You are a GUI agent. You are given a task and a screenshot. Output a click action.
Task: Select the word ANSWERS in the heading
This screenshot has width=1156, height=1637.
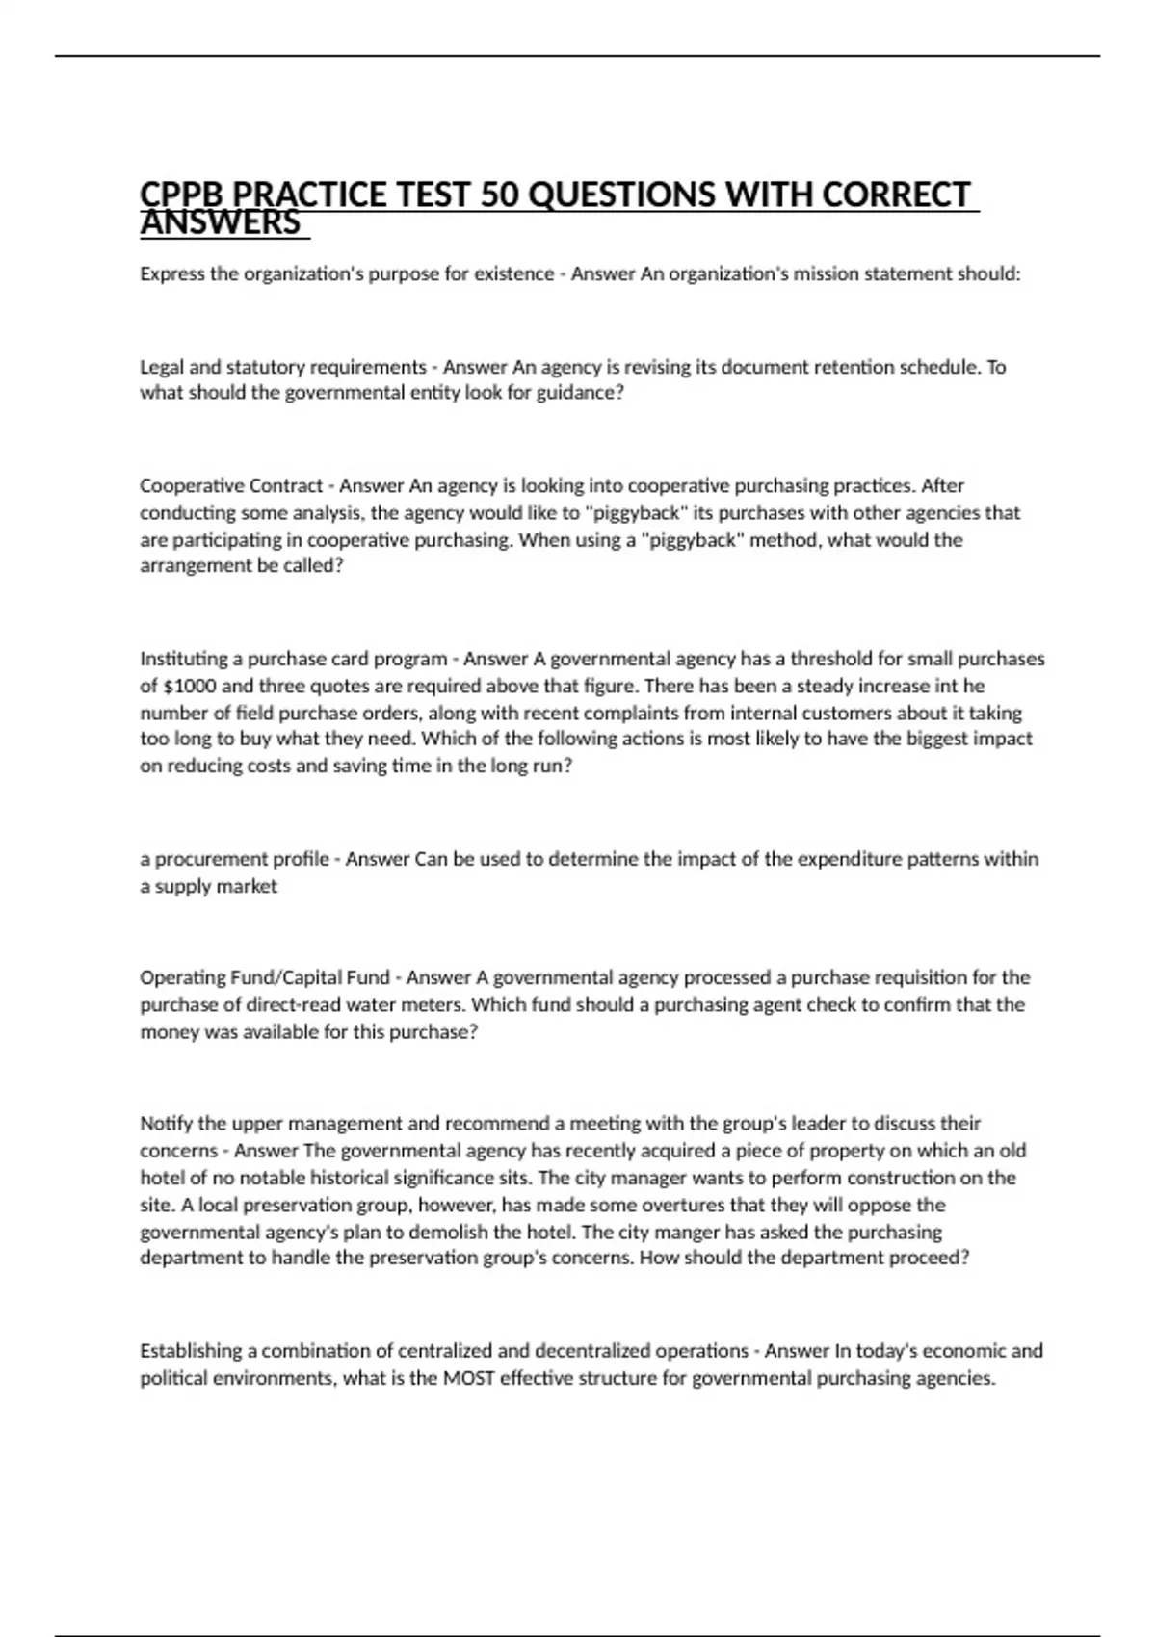pos(221,223)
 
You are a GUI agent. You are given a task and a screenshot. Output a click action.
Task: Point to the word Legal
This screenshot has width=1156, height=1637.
pos(162,367)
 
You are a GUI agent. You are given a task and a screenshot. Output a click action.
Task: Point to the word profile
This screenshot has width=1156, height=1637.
pos(301,859)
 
